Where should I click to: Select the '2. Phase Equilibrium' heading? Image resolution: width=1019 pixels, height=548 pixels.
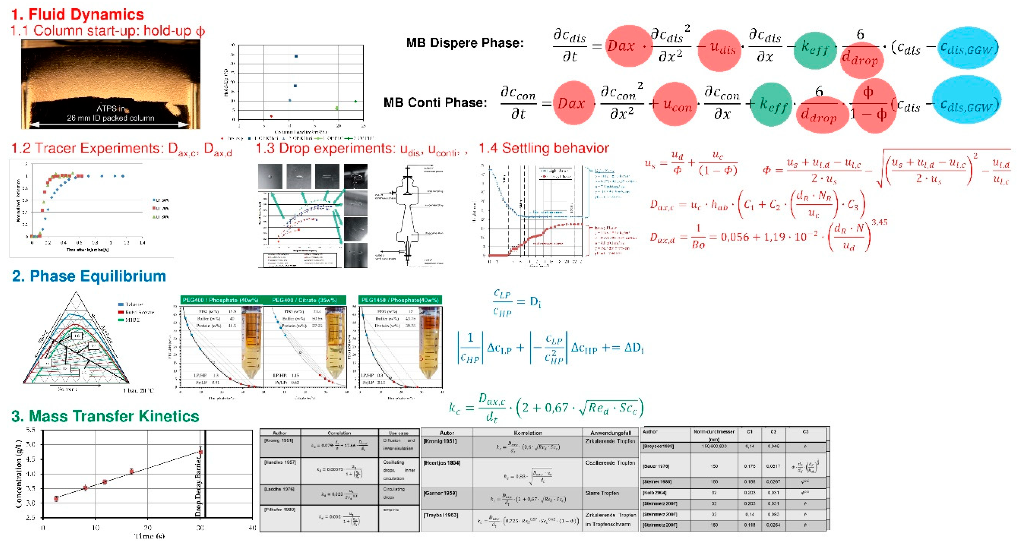(x=89, y=276)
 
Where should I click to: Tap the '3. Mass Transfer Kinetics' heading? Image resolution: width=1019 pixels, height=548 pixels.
(x=105, y=416)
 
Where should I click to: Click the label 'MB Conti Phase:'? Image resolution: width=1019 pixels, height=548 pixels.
(x=435, y=103)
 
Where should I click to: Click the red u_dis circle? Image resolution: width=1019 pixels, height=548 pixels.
(x=719, y=47)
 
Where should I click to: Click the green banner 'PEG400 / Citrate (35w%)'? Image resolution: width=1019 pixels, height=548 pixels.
(x=304, y=300)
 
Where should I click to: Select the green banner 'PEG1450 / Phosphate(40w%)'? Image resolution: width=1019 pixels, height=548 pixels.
(x=400, y=300)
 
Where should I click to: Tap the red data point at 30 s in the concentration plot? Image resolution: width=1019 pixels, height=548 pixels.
(x=201, y=452)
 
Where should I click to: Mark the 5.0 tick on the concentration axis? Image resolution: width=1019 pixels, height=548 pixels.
(x=30, y=444)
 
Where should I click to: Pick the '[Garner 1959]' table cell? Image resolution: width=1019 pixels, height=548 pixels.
(x=440, y=493)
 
